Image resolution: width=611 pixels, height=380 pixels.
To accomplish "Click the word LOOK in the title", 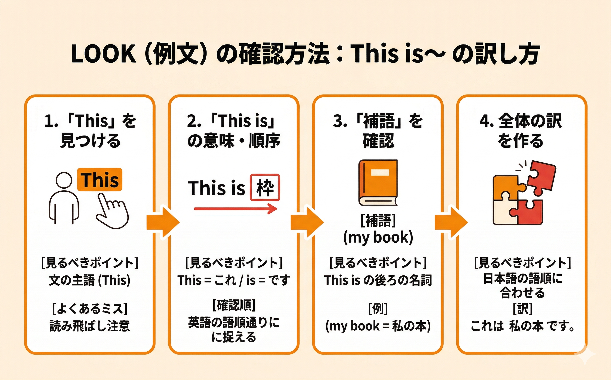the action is pyautogui.click(x=104, y=54).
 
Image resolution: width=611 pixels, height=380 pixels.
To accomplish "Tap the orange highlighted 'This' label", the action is pyautogui.click(x=99, y=180).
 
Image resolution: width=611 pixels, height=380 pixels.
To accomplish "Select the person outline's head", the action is pyautogui.click(x=64, y=180).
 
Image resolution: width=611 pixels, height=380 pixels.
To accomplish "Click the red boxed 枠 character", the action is pyautogui.click(x=265, y=187).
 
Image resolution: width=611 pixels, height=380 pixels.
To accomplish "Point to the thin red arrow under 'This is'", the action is pyautogui.click(x=235, y=209).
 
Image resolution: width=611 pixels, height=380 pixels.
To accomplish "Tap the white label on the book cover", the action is pyautogui.click(x=380, y=172).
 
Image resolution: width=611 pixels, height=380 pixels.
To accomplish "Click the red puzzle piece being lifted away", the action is pyautogui.click(x=541, y=177).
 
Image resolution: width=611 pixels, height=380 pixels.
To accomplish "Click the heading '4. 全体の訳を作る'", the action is pyautogui.click(x=521, y=131).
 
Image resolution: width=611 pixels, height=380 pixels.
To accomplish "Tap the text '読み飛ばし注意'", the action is pyautogui.click(x=90, y=326).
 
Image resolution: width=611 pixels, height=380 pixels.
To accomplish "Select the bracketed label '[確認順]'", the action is pyautogui.click(x=234, y=305).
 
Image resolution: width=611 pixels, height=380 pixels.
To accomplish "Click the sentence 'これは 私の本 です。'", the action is pyautogui.click(x=523, y=326).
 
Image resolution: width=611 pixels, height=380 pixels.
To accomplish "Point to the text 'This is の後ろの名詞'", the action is pyautogui.click(x=378, y=280).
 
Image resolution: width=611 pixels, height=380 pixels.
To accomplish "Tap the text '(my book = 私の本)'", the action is pyautogui.click(x=378, y=326).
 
